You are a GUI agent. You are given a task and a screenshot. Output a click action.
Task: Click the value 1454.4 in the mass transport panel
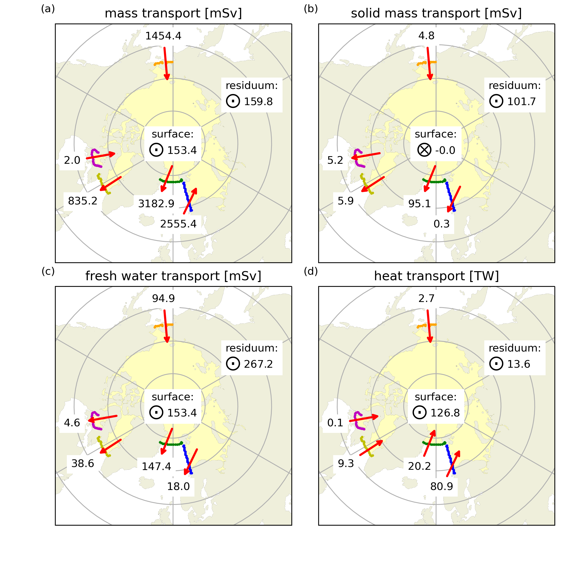(163, 36)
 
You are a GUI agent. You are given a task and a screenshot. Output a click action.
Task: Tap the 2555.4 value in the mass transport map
(178, 224)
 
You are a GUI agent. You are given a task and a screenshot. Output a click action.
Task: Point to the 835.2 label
(83, 201)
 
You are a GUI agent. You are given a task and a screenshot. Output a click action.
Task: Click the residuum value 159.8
(258, 102)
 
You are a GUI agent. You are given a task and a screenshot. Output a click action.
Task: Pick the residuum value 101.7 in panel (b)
(522, 102)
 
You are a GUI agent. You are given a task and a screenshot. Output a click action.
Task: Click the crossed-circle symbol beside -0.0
(424, 150)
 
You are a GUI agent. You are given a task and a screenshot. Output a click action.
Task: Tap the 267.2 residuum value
(258, 364)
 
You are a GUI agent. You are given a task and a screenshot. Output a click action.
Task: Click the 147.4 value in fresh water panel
(156, 466)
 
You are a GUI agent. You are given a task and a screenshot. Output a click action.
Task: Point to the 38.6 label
(83, 463)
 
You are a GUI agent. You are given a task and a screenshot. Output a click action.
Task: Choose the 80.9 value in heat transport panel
(442, 486)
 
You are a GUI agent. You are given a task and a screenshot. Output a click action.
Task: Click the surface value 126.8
(445, 413)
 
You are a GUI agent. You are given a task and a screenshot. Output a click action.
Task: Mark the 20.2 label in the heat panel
(419, 466)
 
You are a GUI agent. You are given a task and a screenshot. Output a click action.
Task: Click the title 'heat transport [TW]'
(436, 276)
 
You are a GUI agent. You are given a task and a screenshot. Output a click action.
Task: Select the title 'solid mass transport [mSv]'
(436, 14)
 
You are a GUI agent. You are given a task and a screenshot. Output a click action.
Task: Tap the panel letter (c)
(48, 271)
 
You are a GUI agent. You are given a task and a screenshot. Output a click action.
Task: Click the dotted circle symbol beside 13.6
(496, 364)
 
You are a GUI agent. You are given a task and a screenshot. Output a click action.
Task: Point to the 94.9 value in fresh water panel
(163, 299)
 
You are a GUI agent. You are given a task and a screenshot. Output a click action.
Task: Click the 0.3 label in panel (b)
(442, 224)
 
